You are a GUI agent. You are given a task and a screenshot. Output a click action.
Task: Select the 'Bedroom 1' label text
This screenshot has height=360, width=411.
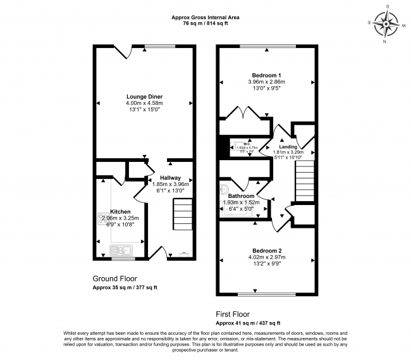click(266, 75)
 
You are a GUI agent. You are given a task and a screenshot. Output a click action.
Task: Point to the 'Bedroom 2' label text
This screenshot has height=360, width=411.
click(266, 251)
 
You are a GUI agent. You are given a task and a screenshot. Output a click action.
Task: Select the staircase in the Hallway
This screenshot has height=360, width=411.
click(182, 214)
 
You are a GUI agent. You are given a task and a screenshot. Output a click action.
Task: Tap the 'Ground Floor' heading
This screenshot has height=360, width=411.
click(114, 278)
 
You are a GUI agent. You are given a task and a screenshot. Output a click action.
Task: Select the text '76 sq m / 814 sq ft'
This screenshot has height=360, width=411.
click(205, 23)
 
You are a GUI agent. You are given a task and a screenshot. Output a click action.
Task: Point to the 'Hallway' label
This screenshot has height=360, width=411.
click(170, 178)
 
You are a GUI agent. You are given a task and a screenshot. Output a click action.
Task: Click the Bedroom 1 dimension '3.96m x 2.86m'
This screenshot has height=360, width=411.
click(266, 82)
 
